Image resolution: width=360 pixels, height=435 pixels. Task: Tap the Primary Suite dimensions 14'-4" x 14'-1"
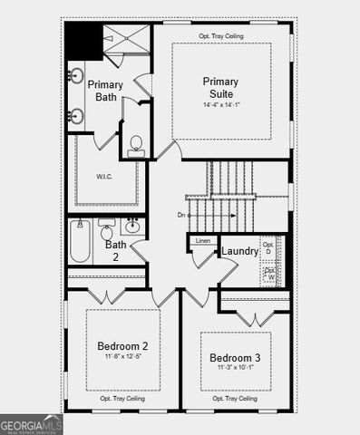(220, 104)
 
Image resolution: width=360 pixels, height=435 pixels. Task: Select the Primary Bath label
(104, 91)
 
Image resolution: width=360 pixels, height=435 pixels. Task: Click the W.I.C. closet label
(105, 176)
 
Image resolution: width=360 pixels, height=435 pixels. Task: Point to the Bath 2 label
(115, 250)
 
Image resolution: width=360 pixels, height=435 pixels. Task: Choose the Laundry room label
(239, 251)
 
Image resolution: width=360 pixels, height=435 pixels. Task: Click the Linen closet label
(202, 241)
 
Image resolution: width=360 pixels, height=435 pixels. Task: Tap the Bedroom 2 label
(122, 345)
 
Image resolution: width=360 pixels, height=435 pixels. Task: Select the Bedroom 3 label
(234, 357)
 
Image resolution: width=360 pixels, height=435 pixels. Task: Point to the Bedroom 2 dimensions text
(122, 357)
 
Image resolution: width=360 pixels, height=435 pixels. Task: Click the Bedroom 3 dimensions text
(234, 369)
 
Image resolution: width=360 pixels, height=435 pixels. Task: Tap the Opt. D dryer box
(268, 246)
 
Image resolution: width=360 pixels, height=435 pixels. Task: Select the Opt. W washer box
(269, 272)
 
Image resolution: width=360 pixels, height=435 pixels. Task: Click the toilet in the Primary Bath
(136, 145)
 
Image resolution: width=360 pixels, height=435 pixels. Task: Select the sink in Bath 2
(132, 227)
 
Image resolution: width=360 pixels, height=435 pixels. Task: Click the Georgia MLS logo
(32, 424)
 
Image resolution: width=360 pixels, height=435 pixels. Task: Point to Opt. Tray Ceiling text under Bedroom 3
(236, 398)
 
